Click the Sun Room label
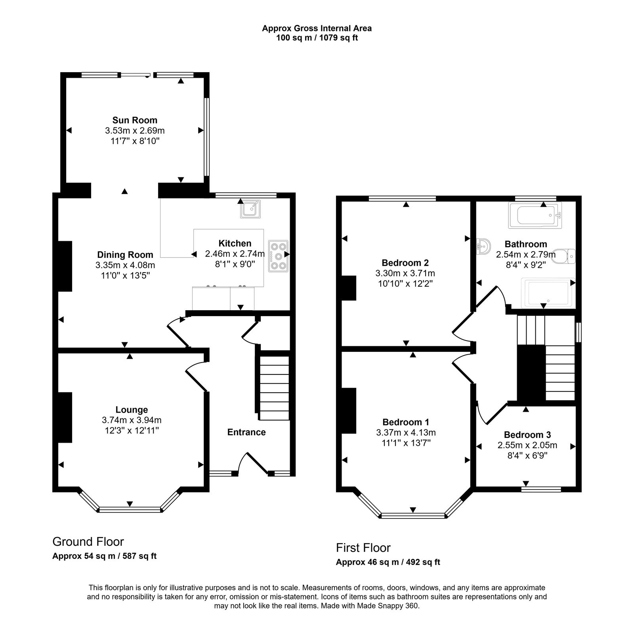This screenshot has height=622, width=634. point(135,120)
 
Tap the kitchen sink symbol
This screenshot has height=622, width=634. point(250,209)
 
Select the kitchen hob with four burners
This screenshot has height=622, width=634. point(278,256)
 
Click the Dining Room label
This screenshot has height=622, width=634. point(125,255)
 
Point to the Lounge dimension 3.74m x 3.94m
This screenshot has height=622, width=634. point(132,420)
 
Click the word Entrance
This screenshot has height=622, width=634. point(246,432)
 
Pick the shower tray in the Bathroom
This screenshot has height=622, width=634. point(549,293)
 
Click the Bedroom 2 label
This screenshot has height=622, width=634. point(405,263)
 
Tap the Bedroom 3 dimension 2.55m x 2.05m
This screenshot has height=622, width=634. point(527,445)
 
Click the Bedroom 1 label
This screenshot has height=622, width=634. point(406,422)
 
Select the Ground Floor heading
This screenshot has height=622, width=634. point(88,541)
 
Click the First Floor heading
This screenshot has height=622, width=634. point(363,548)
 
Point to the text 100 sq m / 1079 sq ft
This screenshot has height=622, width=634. point(317,38)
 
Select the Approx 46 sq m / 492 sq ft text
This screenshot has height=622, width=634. point(388,562)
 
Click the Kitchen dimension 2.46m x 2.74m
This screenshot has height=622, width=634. point(235,253)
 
